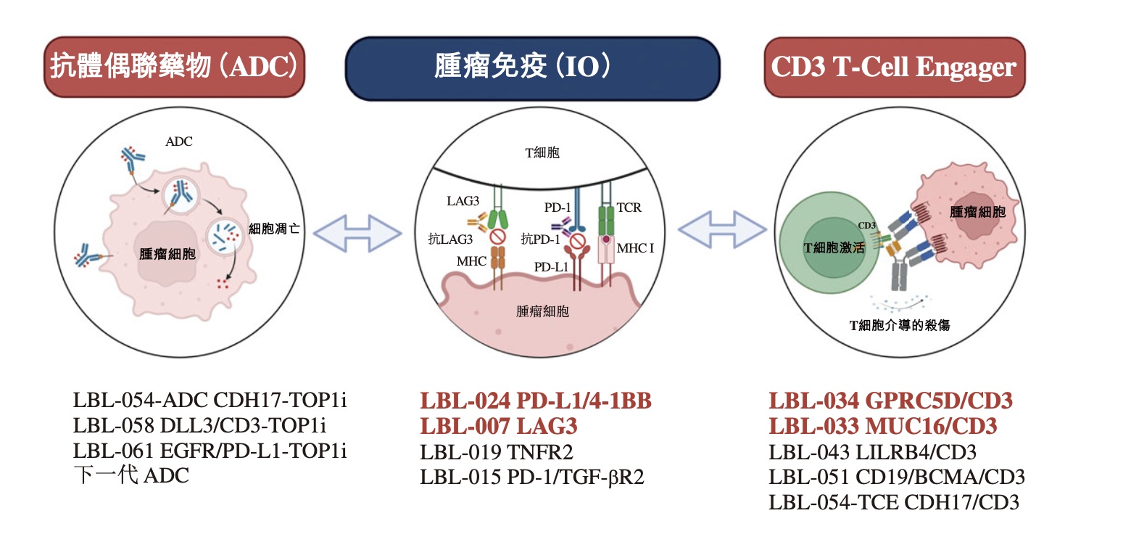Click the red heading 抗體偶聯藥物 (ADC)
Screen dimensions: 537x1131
point(174,67)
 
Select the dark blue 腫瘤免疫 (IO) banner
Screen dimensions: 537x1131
point(533,67)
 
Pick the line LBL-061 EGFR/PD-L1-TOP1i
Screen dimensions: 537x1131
point(210,451)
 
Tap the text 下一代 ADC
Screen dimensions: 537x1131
point(131,477)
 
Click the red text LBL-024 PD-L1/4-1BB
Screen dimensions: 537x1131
point(536,401)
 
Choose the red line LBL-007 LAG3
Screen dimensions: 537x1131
point(499,426)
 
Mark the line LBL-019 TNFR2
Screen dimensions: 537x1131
point(497,452)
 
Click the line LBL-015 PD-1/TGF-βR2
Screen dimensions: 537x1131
point(532,477)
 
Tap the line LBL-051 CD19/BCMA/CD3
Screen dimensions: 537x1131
point(897,477)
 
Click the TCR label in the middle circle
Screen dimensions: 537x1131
point(630,208)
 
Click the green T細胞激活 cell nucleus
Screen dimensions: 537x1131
point(834,248)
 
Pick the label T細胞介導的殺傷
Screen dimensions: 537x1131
point(900,326)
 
